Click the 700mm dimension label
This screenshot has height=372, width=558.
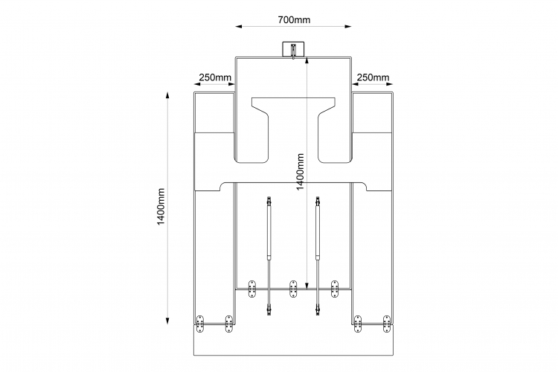click(x=294, y=19)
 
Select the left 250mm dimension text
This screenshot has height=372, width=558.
click(x=215, y=77)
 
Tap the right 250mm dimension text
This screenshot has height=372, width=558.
click(x=373, y=77)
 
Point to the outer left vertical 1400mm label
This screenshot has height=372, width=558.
click(x=161, y=207)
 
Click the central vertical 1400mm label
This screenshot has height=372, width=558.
click(x=301, y=172)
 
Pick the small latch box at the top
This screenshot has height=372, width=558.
click(x=293, y=49)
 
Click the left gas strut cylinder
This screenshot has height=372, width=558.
click(x=269, y=231)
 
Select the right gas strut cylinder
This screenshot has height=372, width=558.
click(x=318, y=231)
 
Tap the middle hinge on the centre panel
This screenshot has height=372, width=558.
click(x=293, y=289)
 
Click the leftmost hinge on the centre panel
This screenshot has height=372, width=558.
click(x=252, y=289)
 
